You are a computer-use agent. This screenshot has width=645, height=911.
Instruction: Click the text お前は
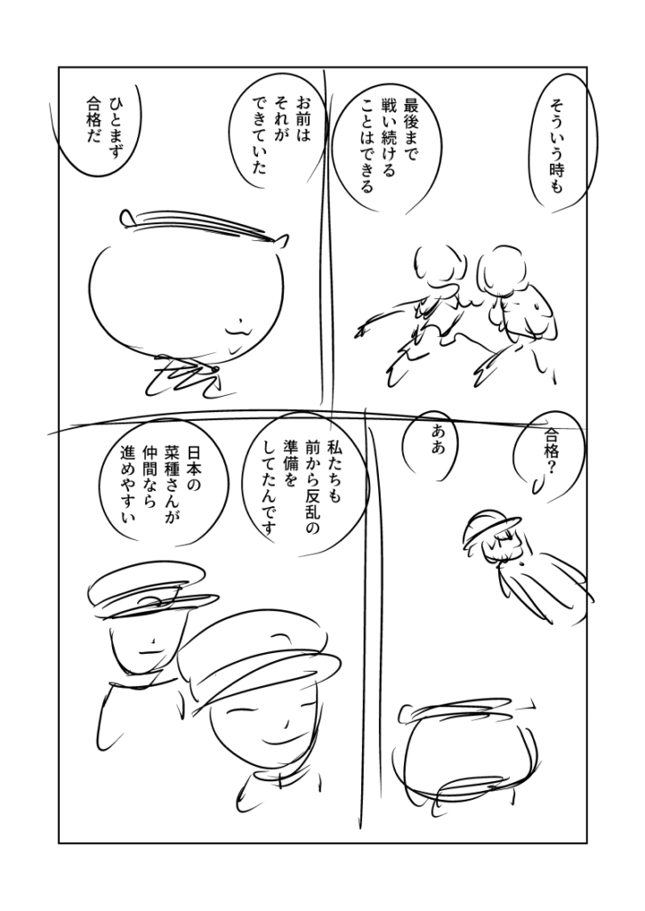[303, 119]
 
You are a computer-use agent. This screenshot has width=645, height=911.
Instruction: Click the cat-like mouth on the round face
[236, 329]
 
